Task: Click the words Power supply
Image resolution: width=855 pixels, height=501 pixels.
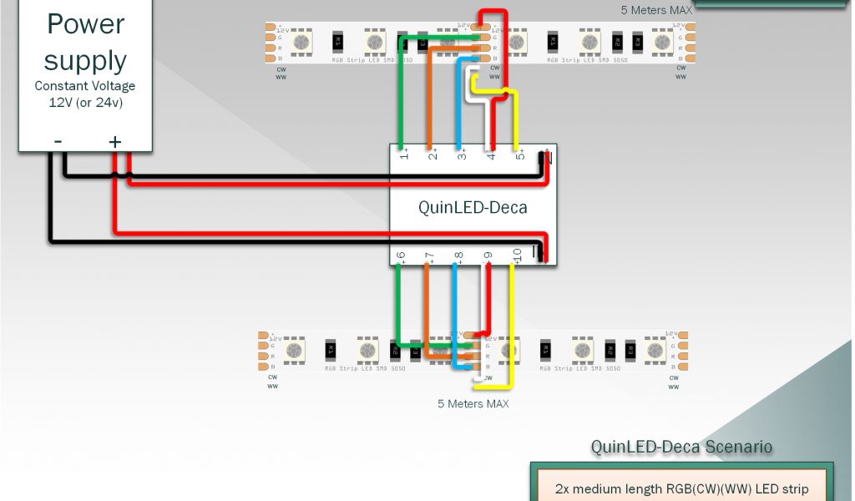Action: click(x=86, y=42)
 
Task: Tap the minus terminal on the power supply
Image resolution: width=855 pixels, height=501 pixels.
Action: click(x=58, y=141)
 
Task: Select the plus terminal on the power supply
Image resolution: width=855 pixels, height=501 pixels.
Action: click(x=114, y=142)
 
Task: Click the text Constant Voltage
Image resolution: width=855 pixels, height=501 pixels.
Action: click(x=85, y=86)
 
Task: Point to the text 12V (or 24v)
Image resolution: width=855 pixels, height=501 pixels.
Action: click(x=85, y=102)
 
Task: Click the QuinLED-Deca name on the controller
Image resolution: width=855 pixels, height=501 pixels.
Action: click(x=473, y=207)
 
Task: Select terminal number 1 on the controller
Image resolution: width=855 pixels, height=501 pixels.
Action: click(x=404, y=154)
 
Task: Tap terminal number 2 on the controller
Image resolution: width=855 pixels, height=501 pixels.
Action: click(x=433, y=154)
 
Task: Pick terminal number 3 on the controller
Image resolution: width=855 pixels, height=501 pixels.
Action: click(x=461, y=154)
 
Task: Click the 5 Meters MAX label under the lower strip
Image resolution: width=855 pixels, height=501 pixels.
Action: click(x=473, y=404)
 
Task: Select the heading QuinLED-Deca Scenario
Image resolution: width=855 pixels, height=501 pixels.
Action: click(x=681, y=447)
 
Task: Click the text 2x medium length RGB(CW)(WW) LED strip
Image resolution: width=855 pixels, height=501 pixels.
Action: click(x=681, y=488)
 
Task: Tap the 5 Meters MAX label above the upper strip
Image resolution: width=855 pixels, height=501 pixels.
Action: click(x=656, y=10)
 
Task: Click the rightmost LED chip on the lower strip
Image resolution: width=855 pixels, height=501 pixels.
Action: click(x=655, y=350)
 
